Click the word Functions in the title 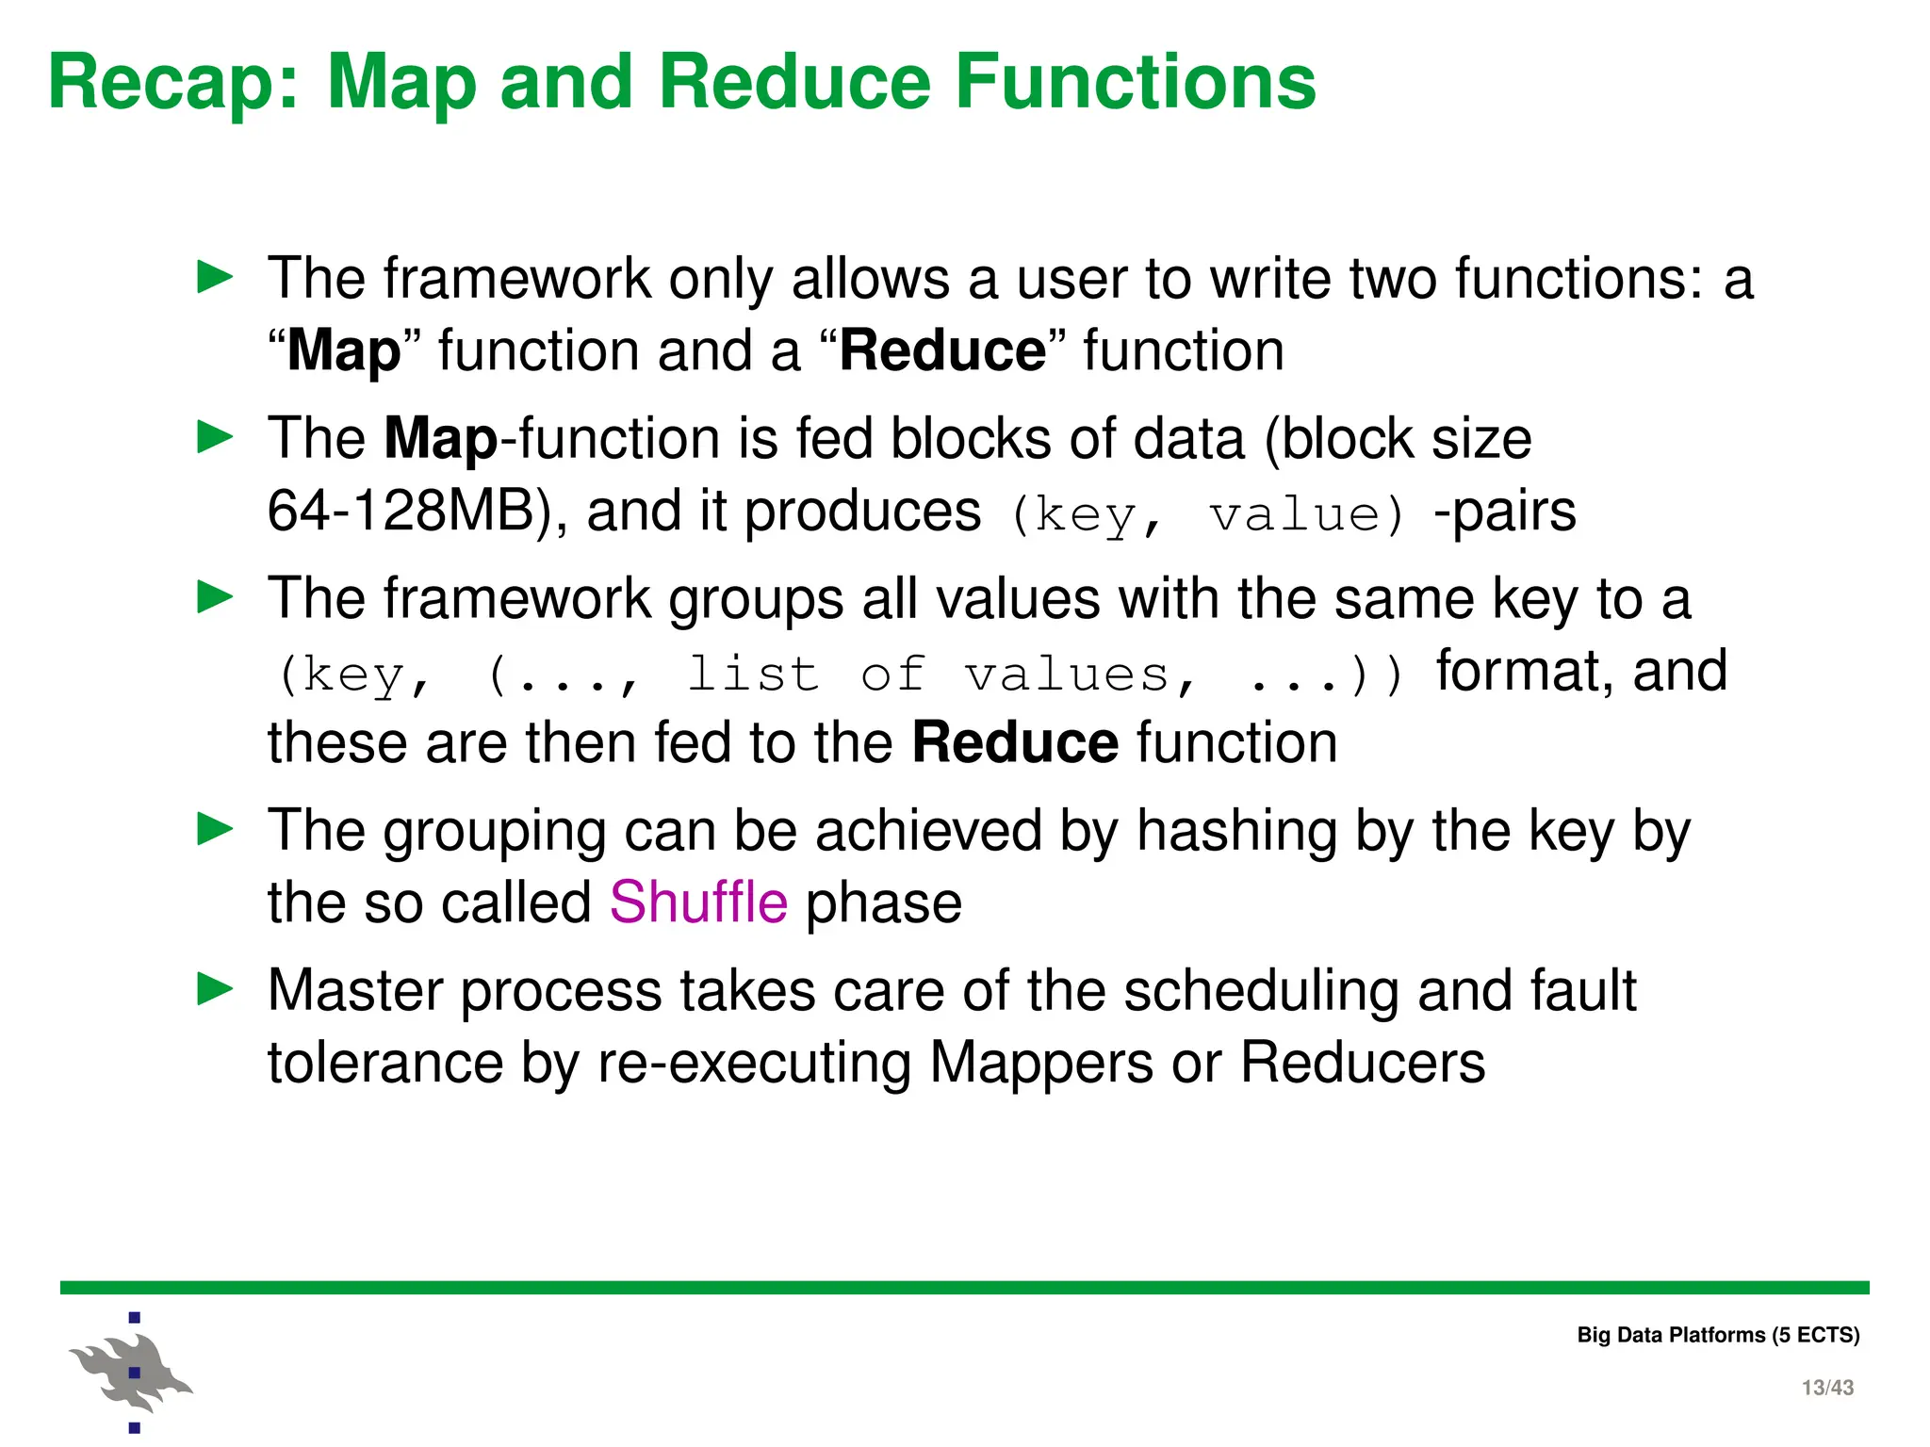pos(1135,83)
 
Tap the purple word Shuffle pos(698,902)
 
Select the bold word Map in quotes pos(344,351)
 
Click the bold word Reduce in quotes pos(942,351)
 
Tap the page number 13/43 pos(1826,1388)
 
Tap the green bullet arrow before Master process pos(215,989)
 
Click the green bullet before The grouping pos(215,829)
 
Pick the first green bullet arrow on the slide pos(215,277)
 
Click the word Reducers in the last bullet pos(1362,1063)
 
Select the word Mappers pos(1040,1063)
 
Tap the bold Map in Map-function pos(440,439)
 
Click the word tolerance pos(384,1063)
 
